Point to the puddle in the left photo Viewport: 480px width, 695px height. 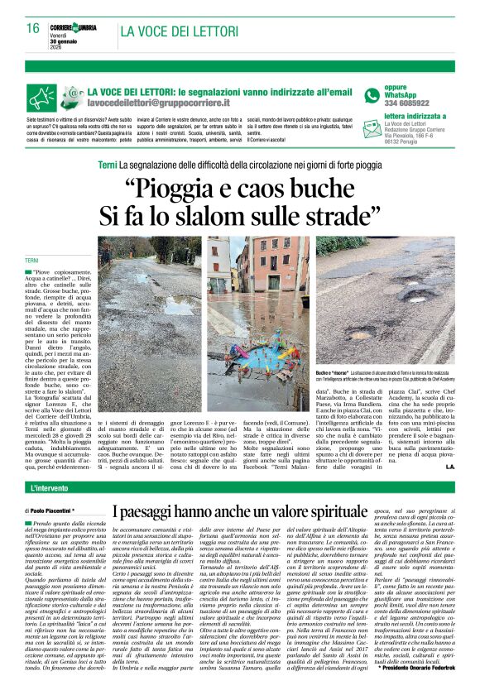(x=157, y=306)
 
